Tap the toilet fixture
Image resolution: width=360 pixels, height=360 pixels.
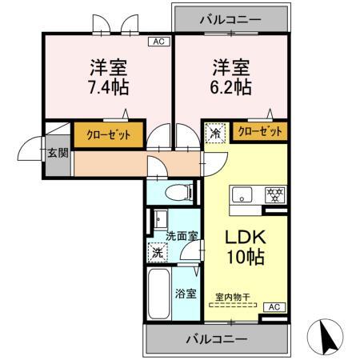pos(182,192)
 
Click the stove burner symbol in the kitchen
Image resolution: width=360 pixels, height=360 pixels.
pos(274,194)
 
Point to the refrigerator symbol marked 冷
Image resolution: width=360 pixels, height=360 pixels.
pos(215,132)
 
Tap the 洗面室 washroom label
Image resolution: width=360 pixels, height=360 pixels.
pos(182,236)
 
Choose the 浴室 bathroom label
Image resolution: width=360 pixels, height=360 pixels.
pos(186,293)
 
